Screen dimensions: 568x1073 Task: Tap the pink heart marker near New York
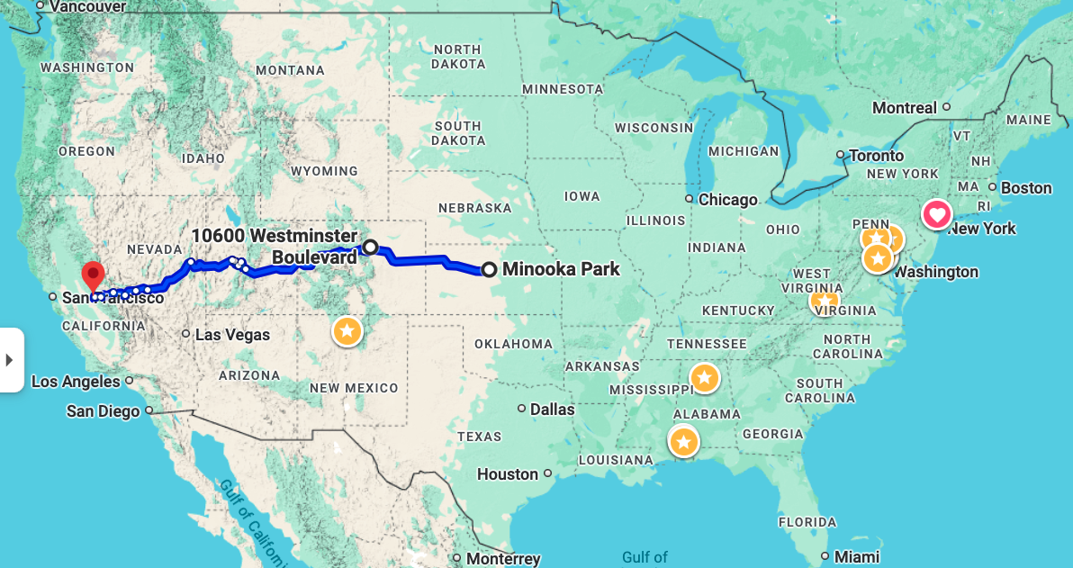point(937,215)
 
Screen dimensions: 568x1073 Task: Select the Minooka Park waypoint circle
point(489,269)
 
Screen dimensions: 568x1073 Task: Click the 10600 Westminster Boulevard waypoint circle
point(369,247)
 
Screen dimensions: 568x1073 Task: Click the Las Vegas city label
point(232,335)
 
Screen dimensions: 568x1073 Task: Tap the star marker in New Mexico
point(347,331)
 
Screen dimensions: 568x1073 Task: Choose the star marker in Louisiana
point(684,442)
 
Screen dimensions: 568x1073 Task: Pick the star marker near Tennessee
point(704,377)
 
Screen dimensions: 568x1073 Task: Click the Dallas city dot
point(522,409)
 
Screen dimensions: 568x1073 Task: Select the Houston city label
point(508,474)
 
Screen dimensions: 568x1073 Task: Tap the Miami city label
point(856,556)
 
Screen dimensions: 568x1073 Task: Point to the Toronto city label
point(876,156)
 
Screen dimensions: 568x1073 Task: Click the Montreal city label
point(904,108)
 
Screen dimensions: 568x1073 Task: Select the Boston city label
point(1026,188)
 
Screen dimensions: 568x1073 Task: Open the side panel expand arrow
point(10,360)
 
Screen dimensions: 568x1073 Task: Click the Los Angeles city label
point(76,382)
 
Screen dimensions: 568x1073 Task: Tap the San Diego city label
point(103,411)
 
